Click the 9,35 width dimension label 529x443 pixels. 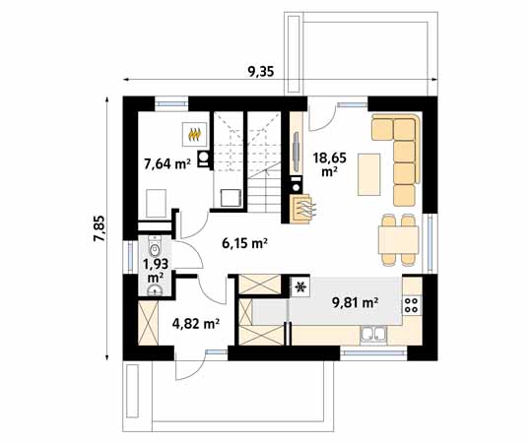(x=261, y=72)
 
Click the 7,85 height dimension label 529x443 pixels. (x=99, y=228)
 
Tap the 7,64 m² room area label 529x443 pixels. (x=167, y=163)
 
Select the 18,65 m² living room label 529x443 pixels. (x=330, y=164)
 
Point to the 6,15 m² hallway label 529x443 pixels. (x=245, y=243)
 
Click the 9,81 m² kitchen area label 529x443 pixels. (x=355, y=303)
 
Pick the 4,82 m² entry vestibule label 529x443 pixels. (x=196, y=324)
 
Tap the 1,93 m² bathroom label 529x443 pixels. (x=156, y=271)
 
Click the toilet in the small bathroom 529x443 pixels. (x=155, y=246)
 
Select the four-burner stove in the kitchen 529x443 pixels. (x=412, y=305)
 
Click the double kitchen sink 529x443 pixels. (x=373, y=335)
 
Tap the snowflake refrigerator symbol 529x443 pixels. (x=299, y=286)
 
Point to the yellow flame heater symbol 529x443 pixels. (x=195, y=134)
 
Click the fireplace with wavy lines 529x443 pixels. (x=300, y=209)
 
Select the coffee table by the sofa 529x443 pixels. (x=369, y=174)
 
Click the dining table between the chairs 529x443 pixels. (x=398, y=239)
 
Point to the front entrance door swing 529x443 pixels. (x=190, y=367)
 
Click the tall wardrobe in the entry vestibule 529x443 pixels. (x=148, y=323)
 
